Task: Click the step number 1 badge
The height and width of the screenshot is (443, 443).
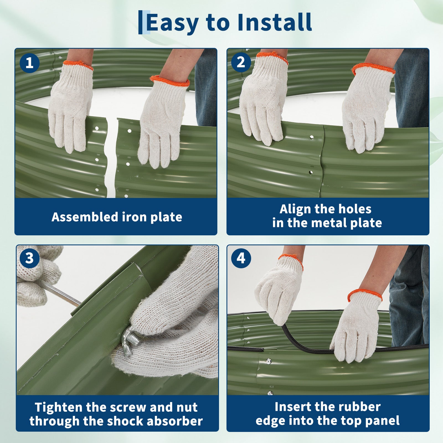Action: [30, 63]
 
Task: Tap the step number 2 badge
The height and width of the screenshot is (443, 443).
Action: [241, 62]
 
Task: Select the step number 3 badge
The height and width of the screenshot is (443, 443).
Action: [30, 258]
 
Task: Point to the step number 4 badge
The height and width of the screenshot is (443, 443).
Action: [241, 258]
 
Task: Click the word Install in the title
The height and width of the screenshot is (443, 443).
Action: [275, 22]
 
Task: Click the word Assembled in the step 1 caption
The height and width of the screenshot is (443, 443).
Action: [85, 217]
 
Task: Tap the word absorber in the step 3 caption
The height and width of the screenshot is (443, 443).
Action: [175, 421]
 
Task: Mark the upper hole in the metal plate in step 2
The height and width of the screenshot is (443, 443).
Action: [312, 137]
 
